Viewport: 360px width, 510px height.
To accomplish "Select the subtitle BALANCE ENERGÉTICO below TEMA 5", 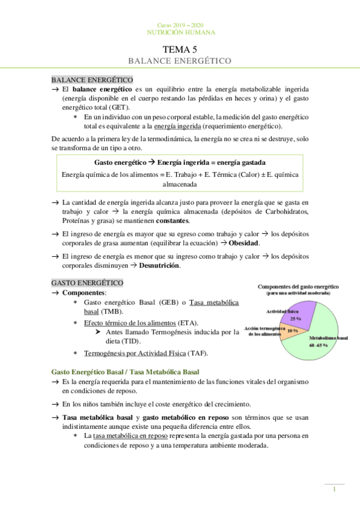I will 180,61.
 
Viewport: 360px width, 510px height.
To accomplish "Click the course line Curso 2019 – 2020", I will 180,25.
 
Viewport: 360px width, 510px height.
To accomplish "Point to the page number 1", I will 334,489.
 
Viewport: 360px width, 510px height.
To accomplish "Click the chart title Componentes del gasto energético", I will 298,286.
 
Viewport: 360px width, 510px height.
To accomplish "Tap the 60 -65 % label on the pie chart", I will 318,346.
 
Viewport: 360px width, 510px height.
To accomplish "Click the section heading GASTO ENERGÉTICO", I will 87,283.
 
